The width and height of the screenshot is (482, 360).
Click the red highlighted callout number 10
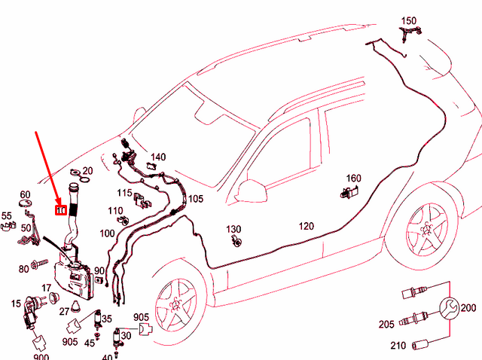tap(61, 210)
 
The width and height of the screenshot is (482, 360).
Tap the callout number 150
tap(408, 20)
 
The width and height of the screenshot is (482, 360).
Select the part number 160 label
tap(353, 178)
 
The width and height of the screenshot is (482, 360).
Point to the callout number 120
tap(307, 226)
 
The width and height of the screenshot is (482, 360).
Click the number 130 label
tap(234, 229)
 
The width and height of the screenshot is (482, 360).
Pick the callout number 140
tap(157, 157)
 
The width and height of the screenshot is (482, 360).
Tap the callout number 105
tap(196, 199)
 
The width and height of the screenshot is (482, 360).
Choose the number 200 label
tap(468, 308)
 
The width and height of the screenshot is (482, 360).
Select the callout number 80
tap(23, 268)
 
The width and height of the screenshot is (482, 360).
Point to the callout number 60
tap(25, 195)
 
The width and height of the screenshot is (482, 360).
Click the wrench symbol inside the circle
tap(448, 307)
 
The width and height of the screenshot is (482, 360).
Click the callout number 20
tap(87, 171)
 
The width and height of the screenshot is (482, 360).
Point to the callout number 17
tap(46, 288)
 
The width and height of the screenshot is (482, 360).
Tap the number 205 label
tap(387, 325)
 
